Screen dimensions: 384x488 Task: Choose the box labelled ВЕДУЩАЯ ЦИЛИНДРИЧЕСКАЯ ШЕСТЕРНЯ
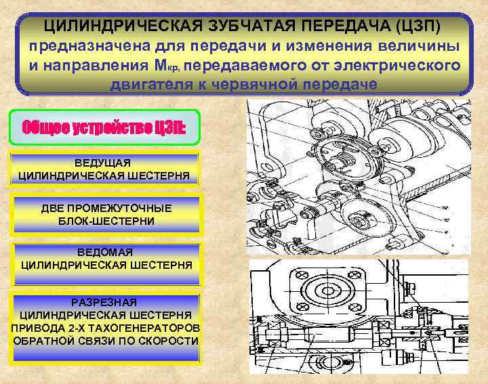click(105, 169)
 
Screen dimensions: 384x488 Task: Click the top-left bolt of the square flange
click(296, 275)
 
